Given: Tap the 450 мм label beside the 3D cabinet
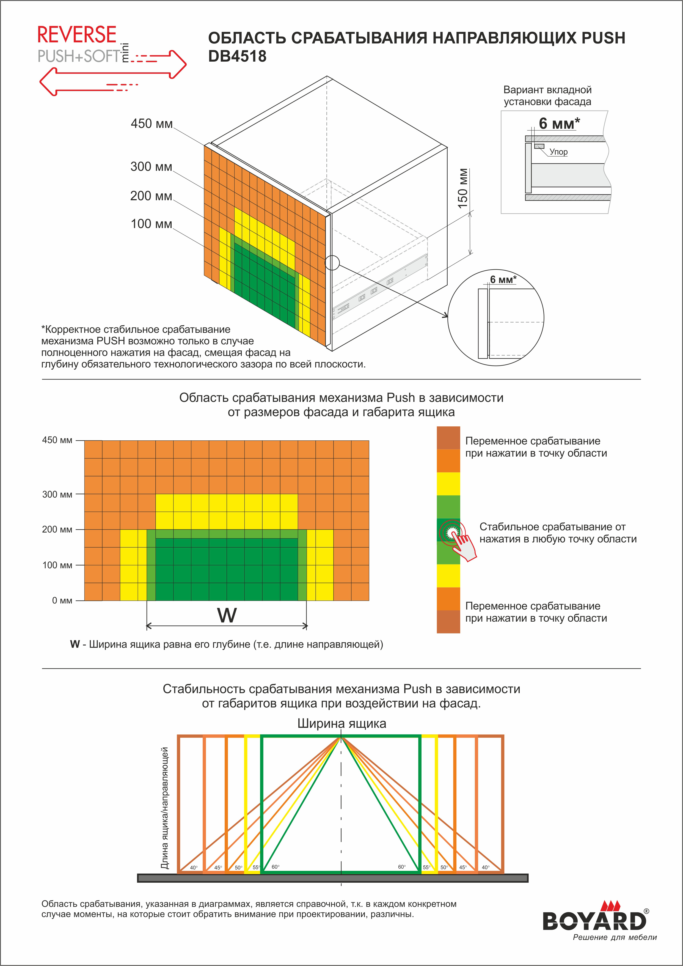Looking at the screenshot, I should [152, 124].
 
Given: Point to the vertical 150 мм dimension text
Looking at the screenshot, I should [463, 188].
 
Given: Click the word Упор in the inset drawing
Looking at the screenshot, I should [558, 152].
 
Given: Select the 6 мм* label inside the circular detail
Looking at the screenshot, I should [503, 280].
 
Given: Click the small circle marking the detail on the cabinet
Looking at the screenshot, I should [332, 263].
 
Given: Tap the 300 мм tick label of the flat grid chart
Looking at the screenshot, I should [57, 494].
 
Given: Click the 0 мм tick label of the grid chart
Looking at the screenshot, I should [62, 600].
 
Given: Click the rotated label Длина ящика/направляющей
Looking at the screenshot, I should [165, 808].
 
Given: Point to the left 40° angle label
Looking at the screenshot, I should [194, 868].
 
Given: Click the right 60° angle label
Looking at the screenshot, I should [402, 867].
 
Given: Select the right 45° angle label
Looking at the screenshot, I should [463, 868].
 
